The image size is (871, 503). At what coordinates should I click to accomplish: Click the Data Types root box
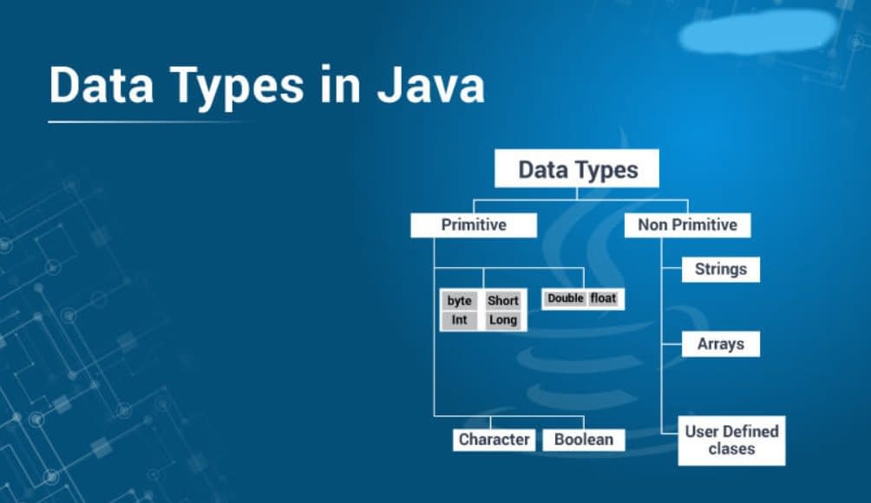(577, 168)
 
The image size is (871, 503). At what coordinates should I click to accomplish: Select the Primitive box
(474, 225)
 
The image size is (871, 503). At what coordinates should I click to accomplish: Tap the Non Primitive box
(688, 225)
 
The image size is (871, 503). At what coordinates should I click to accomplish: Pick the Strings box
(721, 269)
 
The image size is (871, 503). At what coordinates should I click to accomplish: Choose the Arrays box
(721, 344)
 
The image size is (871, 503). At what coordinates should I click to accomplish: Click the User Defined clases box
(731, 441)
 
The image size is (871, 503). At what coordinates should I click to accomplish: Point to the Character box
(494, 440)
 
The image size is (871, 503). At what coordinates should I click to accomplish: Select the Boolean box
(584, 440)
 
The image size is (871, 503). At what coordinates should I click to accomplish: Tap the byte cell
(460, 300)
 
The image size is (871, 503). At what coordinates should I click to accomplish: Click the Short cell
(503, 300)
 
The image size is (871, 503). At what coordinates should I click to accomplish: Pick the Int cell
(460, 320)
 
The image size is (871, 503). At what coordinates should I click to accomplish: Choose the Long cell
(503, 320)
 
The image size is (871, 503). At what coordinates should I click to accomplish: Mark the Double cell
(566, 298)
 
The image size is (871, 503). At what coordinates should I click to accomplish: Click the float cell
(603, 298)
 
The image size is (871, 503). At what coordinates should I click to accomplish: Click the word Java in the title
(431, 85)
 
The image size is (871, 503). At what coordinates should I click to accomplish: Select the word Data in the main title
(102, 85)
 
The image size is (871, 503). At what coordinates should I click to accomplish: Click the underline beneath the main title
(150, 121)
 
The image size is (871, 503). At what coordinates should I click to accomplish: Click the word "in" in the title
(341, 85)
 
